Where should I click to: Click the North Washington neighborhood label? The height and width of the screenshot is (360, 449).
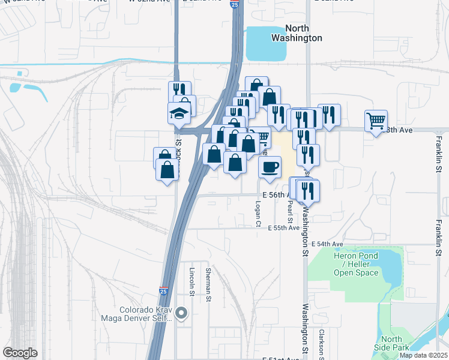click(x=304, y=33)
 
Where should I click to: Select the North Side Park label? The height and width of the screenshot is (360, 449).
click(x=391, y=343)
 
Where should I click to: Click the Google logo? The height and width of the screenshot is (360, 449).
click(x=20, y=353)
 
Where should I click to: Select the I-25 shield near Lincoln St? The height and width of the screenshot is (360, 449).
click(x=164, y=291)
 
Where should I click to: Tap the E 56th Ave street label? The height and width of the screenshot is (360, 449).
click(x=277, y=196)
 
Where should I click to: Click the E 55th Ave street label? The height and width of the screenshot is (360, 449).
click(x=283, y=229)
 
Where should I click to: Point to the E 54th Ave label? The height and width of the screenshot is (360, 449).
click(x=327, y=244)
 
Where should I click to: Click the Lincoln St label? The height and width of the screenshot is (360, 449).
click(x=192, y=282)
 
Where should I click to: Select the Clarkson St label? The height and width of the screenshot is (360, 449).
click(x=322, y=342)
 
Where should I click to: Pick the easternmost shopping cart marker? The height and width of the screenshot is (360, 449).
click(x=376, y=121)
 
